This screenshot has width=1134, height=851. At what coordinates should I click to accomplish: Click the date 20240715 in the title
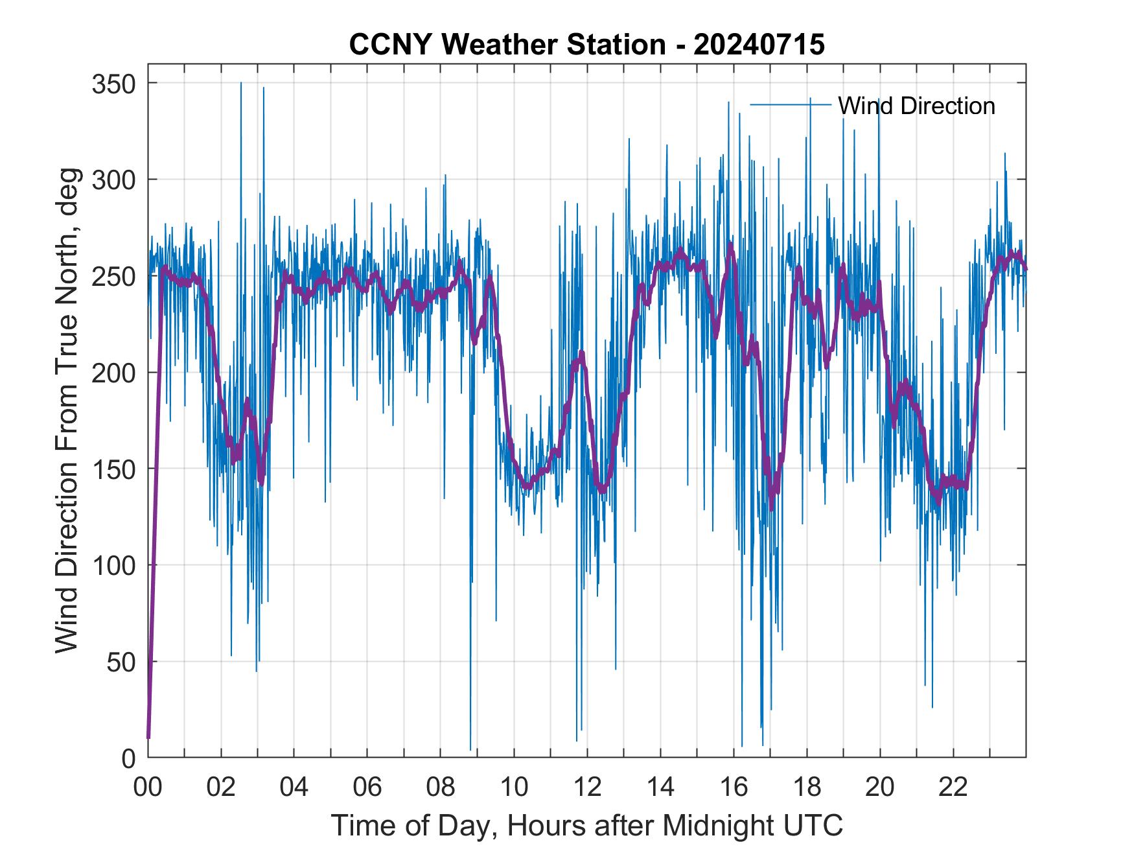[759, 45]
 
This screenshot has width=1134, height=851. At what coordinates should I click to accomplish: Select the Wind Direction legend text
[916, 106]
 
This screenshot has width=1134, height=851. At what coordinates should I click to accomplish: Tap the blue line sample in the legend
[791, 104]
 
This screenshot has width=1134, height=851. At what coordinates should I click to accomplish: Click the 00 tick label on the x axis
[148, 787]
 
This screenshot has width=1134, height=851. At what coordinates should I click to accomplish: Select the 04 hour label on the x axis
[294, 787]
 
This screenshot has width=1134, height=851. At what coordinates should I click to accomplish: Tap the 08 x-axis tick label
[441, 787]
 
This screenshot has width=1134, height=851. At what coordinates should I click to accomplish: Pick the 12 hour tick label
[587, 787]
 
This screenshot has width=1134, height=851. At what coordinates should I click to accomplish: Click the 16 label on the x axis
[734, 787]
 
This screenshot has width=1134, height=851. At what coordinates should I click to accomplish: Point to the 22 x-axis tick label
[953, 787]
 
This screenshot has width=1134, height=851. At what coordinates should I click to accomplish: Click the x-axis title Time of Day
[587, 826]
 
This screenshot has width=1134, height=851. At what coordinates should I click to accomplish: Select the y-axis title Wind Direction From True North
[67, 410]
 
